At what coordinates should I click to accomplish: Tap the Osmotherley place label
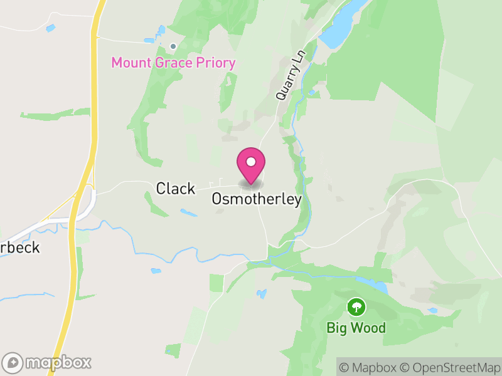pos(257,199)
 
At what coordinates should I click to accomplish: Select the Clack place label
pos(176,188)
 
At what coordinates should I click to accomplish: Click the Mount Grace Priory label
pos(173,63)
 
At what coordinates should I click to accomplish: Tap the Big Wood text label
pos(356,327)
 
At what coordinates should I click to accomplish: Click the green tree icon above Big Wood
pos(356,306)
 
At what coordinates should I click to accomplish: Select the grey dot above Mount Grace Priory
pos(173,46)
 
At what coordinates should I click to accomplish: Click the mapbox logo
pos(48,362)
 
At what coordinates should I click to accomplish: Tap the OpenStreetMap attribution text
pos(451,367)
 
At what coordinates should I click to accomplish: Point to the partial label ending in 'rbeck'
pos(21,248)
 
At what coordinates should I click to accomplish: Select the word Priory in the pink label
pos(215,63)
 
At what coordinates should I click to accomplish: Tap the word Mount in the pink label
pos(129,63)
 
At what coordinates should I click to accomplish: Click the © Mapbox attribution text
pos(370,367)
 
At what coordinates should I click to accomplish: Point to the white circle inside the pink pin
pos(251,162)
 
